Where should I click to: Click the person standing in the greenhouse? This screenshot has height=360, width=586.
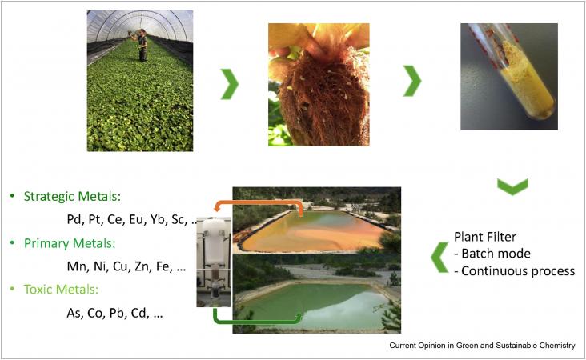click(141, 45)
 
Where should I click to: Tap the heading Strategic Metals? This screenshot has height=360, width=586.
click(73, 197)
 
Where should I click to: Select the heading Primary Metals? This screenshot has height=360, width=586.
click(70, 243)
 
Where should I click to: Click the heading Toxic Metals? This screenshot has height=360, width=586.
click(62, 290)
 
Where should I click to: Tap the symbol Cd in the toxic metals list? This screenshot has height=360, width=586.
click(139, 313)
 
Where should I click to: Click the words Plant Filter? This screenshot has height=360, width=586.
click(485, 237)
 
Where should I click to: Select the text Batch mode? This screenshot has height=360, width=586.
click(496, 254)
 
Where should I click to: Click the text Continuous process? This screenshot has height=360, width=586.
click(518, 270)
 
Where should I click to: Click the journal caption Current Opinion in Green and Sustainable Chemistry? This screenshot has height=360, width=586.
click(482, 346)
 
